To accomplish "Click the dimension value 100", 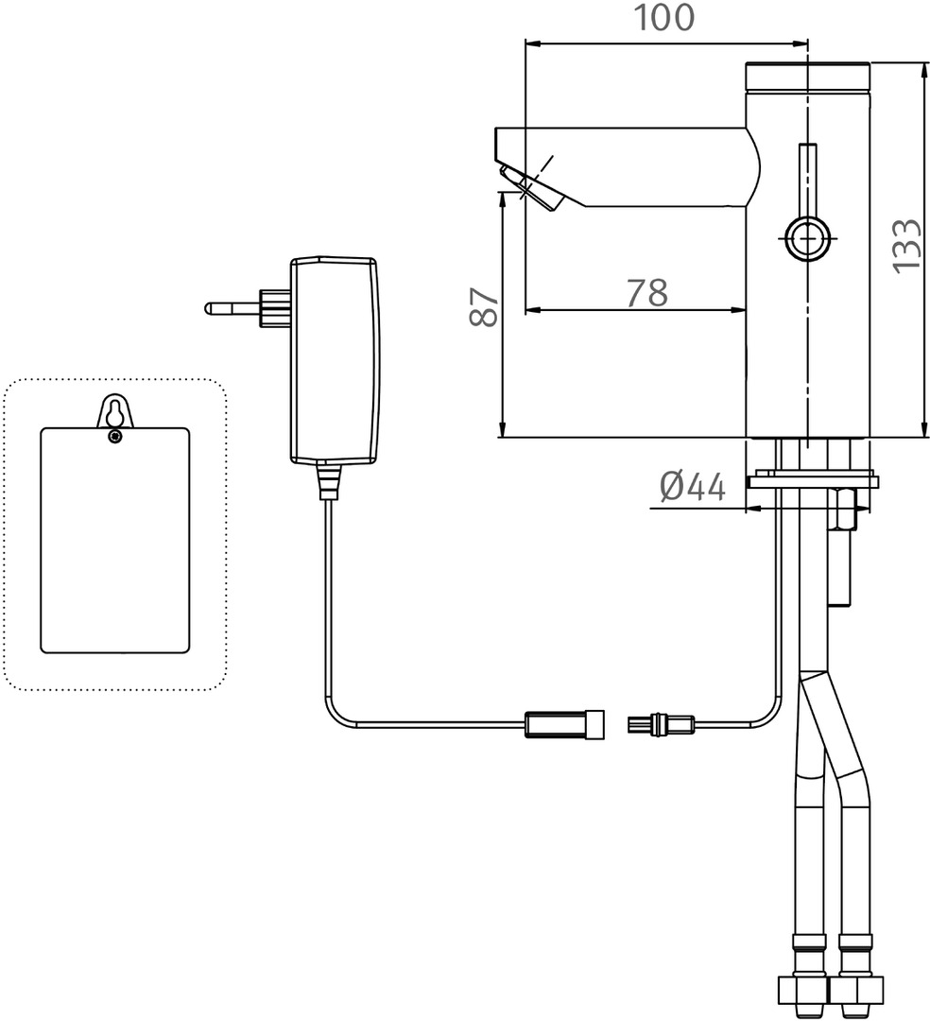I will [663, 17].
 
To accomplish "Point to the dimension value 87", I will [485, 306].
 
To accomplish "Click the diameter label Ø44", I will [693, 488].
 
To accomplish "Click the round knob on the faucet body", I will [807, 237].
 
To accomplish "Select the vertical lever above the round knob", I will [808, 179].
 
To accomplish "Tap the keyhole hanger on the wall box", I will [114, 412].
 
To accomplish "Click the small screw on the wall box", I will [114, 436].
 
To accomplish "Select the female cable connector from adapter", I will [563, 726].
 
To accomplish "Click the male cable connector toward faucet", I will [660, 726].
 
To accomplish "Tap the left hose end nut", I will [801, 992].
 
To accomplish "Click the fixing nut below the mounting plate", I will [845, 511].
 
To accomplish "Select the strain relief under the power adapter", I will [327, 480].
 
